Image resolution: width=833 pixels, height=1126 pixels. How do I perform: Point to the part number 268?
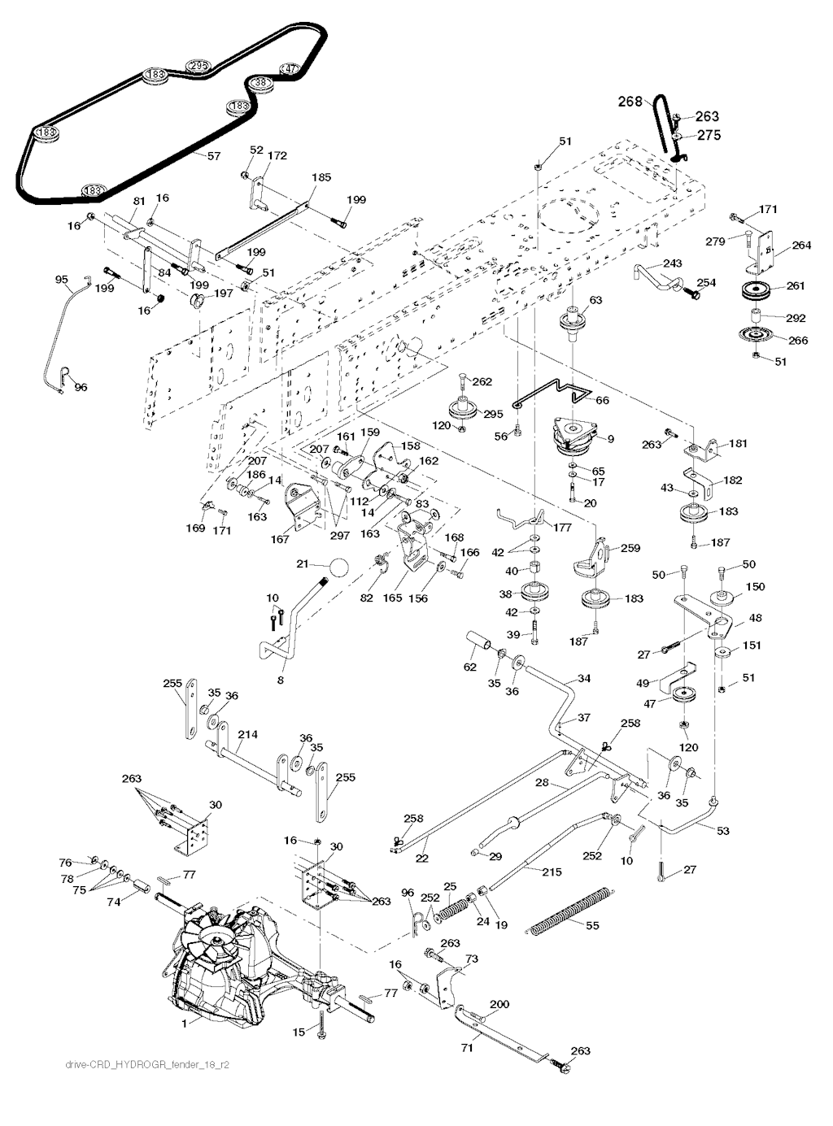(630, 102)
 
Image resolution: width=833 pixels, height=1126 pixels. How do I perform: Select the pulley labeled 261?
(756, 290)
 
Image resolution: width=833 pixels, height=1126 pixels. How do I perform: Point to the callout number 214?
(247, 734)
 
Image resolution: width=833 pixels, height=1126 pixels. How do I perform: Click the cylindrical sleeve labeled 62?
(477, 643)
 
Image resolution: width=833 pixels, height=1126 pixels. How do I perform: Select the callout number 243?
(673, 263)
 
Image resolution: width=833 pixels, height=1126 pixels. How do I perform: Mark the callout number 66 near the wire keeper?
(602, 400)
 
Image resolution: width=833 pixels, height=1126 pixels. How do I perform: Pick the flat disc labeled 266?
(756, 335)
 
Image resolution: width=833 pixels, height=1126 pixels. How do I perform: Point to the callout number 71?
(467, 1048)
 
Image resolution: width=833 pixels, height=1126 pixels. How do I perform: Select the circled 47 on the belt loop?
(290, 69)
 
